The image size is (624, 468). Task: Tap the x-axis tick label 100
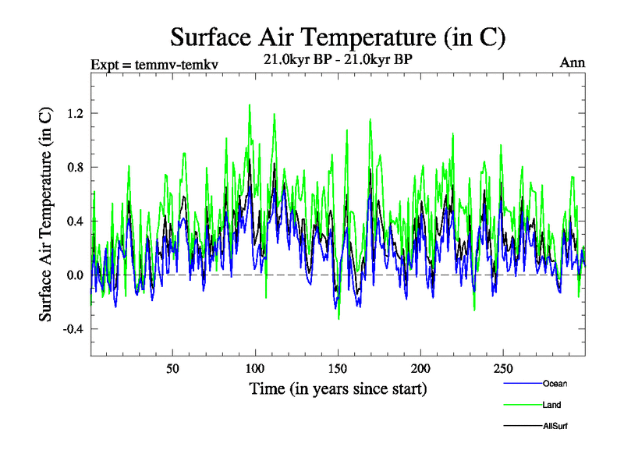point(255,368)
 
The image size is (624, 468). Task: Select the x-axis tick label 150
point(338,368)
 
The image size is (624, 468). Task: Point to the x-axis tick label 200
point(420,368)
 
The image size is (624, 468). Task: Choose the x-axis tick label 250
point(503,368)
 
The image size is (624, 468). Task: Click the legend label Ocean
point(555,383)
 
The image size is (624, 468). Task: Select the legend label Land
point(551,405)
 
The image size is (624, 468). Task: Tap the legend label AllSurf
point(555,426)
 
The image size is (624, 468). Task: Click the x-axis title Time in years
point(338,388)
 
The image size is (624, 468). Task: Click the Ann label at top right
point(573,63)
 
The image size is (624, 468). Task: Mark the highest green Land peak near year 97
point(250,105)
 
